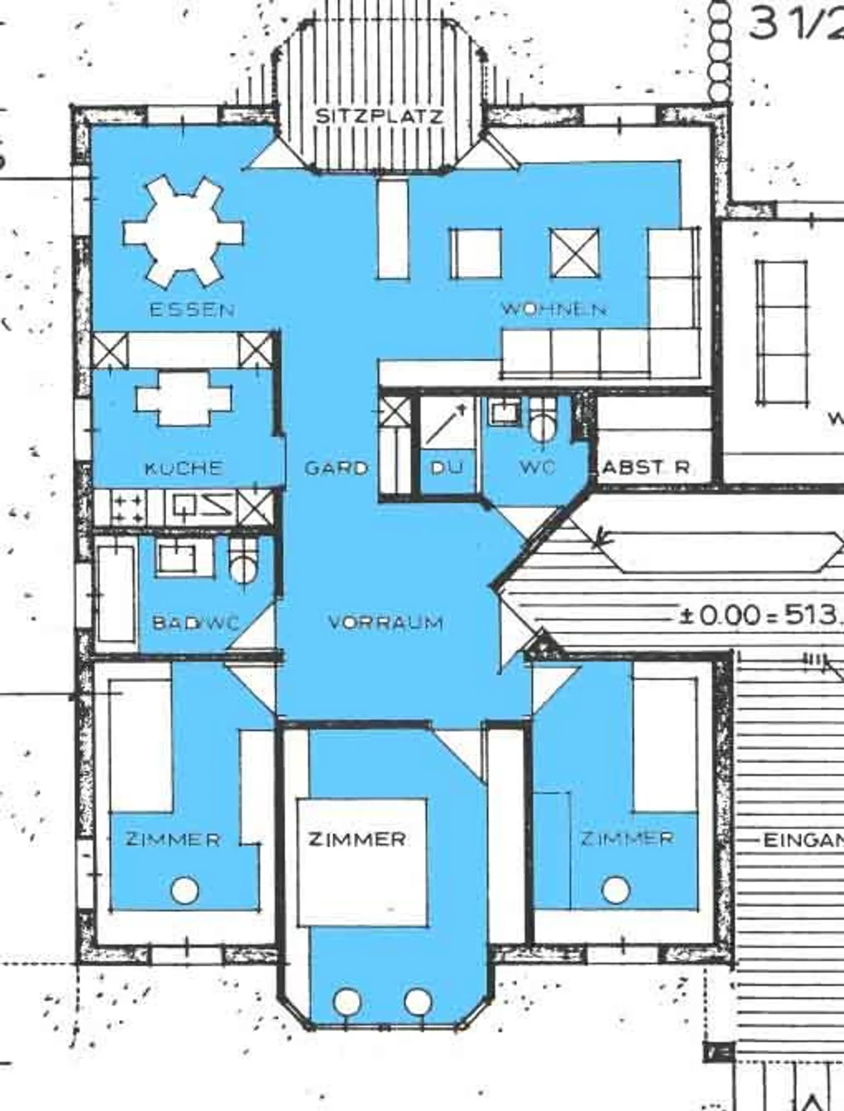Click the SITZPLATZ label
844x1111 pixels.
(x=379, y=116)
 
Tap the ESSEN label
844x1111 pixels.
(x=192, y=309)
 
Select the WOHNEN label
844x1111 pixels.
(x=553, y=309)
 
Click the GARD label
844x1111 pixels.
(x=336, y=467)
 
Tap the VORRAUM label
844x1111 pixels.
(x=386, y=622)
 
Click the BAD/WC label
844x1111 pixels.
(x=196, y=622)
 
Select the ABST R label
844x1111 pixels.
(x=646, y=467)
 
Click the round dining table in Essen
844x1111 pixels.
(x=183, y=232)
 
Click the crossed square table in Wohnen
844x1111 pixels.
(x=575, y=253)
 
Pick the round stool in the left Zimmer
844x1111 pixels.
(x=185, y=890)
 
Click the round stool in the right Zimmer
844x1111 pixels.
(x=615, y=890)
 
